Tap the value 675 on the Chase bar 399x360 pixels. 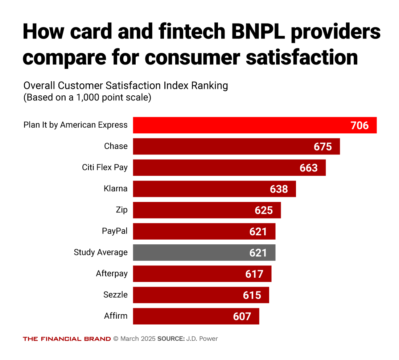pos(322,147)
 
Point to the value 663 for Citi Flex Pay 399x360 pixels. pos(308,168)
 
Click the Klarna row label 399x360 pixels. pos(115,189)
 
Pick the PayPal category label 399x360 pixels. pos(115,231)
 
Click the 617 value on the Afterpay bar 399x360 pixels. pos(254,274)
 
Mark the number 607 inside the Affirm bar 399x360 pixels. pos(242,316)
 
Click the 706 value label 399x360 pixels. pos(359,125)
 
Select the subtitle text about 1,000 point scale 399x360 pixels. pos(87,98)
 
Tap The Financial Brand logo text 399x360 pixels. pos(67,339)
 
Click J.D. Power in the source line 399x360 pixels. pos(202,339)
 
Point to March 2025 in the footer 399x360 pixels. pos(137,339)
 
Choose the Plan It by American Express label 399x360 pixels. pos(75,125)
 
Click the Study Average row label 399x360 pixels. pos(100,252)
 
